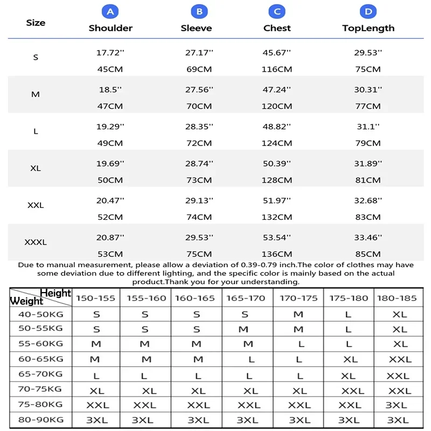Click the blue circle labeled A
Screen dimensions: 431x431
(110, 11)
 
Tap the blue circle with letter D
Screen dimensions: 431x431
(369, 11)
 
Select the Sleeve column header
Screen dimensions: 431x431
(196, 28)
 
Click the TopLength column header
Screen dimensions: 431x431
(369, 28)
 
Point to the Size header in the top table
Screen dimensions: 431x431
(36, 23)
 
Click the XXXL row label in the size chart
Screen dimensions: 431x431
(36, 242)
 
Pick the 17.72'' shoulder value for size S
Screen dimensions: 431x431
(110, 52)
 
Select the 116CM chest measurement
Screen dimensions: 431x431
(277, 69)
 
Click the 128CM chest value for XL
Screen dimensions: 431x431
(277, 180)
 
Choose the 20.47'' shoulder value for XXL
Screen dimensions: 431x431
(110, 200)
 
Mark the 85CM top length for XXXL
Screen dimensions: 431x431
(369, 254)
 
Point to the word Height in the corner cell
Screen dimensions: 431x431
(55, 293)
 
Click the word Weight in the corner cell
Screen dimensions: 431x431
(26, 301)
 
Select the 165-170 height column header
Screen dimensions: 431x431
(246, 298)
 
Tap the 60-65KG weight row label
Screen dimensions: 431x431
(41, 358)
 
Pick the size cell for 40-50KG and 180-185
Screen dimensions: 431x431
(400, 314)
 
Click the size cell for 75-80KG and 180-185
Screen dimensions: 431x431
(397, 405)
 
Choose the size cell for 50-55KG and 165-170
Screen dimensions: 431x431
(244, 329)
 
